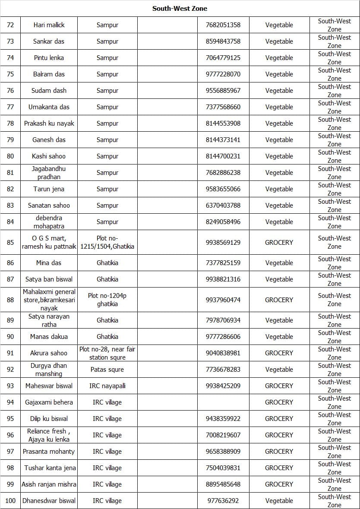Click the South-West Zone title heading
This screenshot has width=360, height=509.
pos(180,8)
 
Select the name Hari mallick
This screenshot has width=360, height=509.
pos(49,25)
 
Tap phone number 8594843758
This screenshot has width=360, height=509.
pos(223,41)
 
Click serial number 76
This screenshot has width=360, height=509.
pos(10,91)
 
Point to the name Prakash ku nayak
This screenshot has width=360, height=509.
pos(49,123)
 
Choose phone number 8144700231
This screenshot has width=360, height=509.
pos(223,156)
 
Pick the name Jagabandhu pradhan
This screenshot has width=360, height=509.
pos(49,173)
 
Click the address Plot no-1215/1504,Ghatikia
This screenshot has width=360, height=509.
pos(107,242)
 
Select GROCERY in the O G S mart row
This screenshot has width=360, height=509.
pos(279,242)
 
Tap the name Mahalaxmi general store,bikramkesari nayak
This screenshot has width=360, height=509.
pos(49,300)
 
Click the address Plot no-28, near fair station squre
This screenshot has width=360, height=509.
pos(107,353)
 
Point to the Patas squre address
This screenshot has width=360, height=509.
pos(107,370)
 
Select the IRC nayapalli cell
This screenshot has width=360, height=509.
pos(107,386)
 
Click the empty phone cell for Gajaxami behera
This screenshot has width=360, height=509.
pos(223,402)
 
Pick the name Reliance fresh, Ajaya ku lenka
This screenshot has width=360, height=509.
pos(49,435)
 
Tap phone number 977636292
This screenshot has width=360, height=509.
pos(223,501)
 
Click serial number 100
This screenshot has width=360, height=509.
pos(10,501)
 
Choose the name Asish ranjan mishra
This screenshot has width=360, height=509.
pos(49,484)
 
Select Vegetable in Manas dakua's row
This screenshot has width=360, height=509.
pos(279,337)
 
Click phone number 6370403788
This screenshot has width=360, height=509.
pos(223,205)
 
